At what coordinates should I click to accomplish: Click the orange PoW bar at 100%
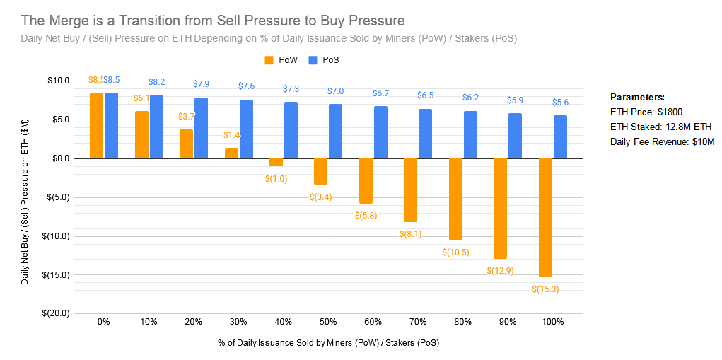coord(545,217)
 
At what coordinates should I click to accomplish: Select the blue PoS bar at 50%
coord(336,131)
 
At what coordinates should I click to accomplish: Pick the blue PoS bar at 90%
coord(516,136)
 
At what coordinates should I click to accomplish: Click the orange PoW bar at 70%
coord(411,190)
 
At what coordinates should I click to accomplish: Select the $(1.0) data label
coord(276,178)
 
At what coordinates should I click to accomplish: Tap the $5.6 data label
coord(560,103)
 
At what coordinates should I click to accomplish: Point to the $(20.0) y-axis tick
coord(54,313)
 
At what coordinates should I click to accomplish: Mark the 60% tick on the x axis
coord(373,322)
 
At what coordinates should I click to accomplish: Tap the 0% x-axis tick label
coord(104,322)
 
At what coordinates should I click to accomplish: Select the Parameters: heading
coord(637,97)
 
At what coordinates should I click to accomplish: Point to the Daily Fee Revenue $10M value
coord(699,142)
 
